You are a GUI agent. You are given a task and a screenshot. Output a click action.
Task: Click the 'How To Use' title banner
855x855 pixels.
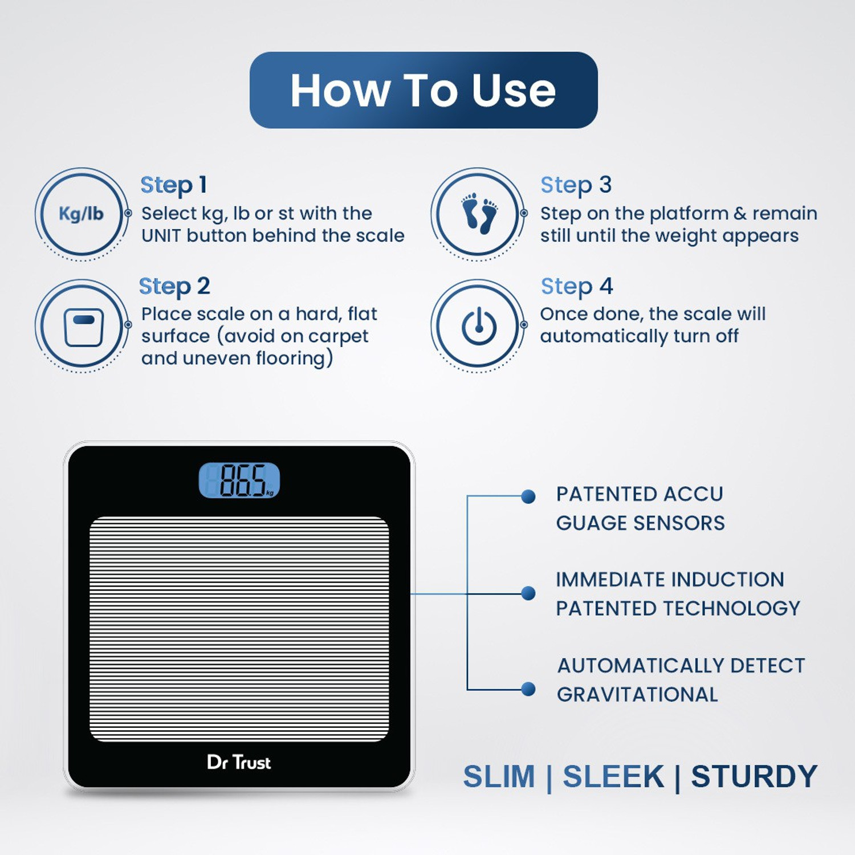click(x=424, y=90)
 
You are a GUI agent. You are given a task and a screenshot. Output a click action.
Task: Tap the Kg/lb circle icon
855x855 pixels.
click(x=82, y=214)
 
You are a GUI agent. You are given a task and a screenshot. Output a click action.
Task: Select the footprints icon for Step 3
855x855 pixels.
click(x=479, y=214)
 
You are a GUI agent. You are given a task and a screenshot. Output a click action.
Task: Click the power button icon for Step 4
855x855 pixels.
click(x=479, y=326)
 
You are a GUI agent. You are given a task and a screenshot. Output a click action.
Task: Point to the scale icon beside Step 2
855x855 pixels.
click(x=83, y=327)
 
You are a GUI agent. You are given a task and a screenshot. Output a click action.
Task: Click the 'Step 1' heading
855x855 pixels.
click(x=173, y=185)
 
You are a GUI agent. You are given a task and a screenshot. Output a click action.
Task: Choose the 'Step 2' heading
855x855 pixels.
click(x=174, y=287)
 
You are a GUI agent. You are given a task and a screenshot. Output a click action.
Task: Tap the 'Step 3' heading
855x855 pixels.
click(x=576, y=185)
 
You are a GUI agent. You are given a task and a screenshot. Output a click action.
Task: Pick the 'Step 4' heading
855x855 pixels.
click(x=577, y=287)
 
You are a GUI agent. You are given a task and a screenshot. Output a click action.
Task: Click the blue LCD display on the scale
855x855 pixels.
click(x=239, y=480)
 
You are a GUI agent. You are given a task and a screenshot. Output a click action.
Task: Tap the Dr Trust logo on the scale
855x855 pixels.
click(x=239, y=762)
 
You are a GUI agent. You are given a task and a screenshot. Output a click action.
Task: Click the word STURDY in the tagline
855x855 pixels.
click(x=754, y=776)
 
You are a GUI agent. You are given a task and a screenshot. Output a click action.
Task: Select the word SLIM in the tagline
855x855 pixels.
click(x=499, y=776)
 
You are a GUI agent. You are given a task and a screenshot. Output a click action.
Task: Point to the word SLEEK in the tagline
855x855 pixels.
click(x=613, y=776)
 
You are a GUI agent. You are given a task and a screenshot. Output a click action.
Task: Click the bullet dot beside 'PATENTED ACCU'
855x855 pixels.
click(x=528, y=496)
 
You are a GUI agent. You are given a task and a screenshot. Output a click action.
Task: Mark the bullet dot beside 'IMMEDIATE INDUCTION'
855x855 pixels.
click(x=528, y=593)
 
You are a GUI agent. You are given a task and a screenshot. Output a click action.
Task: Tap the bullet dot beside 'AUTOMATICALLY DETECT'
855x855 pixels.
click(x=528, y=689)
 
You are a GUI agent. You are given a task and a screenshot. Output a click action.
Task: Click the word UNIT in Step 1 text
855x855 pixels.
click(x=161, y=235)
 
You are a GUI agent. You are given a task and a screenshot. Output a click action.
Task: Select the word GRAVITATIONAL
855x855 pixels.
click(x=637, y=694)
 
